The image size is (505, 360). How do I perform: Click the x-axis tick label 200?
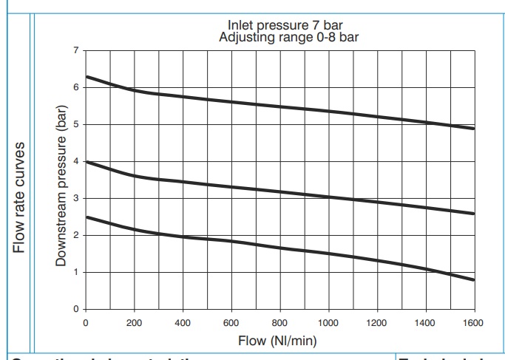pyautogui.click(x=135, y=323)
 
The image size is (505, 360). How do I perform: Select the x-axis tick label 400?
pyautogui.click(x=183, y=323)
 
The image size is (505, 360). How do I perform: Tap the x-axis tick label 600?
pyautogui.click(x=231, y=323)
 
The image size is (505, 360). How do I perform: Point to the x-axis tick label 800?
pyautogui.click(x=279, y=323)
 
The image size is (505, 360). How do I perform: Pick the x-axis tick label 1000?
pyautogui.click(x=328, y=323)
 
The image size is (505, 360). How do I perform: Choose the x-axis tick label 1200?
pyautogui.click(x=376, y=323)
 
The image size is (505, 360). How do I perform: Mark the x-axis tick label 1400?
pyautogui.click(x=425, y=323)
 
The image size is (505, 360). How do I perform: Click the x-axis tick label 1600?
pyautogui.click(x=473, y=323)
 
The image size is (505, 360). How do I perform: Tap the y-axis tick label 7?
pyautogui.click(x=75, y=50)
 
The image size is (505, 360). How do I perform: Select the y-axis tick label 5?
pyautogui.click(x=75, y=124)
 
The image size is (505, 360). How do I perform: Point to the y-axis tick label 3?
pyautogui.click(x=75, y=198)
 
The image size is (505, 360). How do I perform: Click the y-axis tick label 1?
pyautogui.click(x=75, y=272)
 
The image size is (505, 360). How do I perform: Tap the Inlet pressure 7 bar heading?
pyautogui.click(x=280, y=27)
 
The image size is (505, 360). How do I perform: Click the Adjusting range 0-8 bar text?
pyautogui.click(x=280, y=37)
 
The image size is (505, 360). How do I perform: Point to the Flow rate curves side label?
pyautogui.click(x=21, y=196)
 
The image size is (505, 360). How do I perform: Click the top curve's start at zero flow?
pyautogui.click(x=87, y=77)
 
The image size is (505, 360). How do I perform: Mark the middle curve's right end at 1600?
pyautogui.click(x=473, y=214)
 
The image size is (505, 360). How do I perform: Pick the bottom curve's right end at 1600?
pyautogui.click(x=473, y=280)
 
